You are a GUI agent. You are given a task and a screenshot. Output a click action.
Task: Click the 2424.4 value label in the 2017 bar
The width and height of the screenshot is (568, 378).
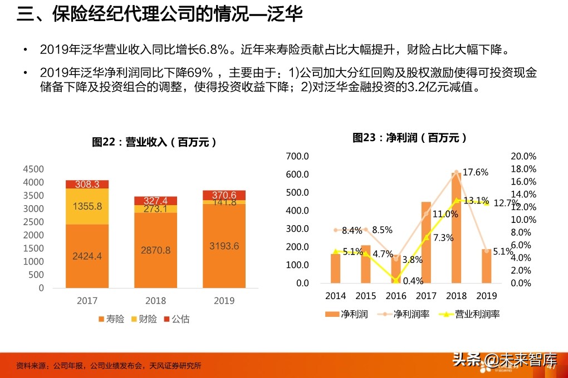tap(87, 256)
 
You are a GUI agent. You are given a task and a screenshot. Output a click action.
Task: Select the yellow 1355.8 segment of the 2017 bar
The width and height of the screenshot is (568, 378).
tap(87, 206)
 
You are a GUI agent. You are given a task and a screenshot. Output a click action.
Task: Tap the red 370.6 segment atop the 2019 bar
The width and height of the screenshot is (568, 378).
tap(224, 195)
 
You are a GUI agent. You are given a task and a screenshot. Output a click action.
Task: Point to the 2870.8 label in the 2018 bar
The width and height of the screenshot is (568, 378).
tap(155, 250)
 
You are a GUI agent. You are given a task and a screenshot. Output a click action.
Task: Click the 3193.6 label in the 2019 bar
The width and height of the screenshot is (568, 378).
tap(224, 246)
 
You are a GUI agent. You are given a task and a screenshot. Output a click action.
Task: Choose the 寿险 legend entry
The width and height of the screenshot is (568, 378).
tap(111, 319)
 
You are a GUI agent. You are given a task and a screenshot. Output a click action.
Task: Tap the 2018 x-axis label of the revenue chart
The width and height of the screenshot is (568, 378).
tap(155, 301)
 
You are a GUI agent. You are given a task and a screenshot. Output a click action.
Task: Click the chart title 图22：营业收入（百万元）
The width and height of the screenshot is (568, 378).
tap(154, 142)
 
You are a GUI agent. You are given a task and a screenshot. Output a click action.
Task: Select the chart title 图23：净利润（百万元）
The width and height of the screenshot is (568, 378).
tap(410, 138)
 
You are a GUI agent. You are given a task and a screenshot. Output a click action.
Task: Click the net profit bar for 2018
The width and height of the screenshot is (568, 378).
tap(457, 228)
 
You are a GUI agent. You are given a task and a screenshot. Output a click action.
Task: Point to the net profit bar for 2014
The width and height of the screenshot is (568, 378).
tap(335, 268)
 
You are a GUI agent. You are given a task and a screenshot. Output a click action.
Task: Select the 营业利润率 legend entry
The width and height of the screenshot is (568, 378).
tap(471, 314)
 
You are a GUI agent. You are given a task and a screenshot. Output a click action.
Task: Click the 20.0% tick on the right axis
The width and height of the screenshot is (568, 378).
tap(523, 156)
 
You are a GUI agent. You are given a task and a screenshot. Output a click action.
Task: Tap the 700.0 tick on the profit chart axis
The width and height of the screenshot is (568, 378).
tap(297, 156)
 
